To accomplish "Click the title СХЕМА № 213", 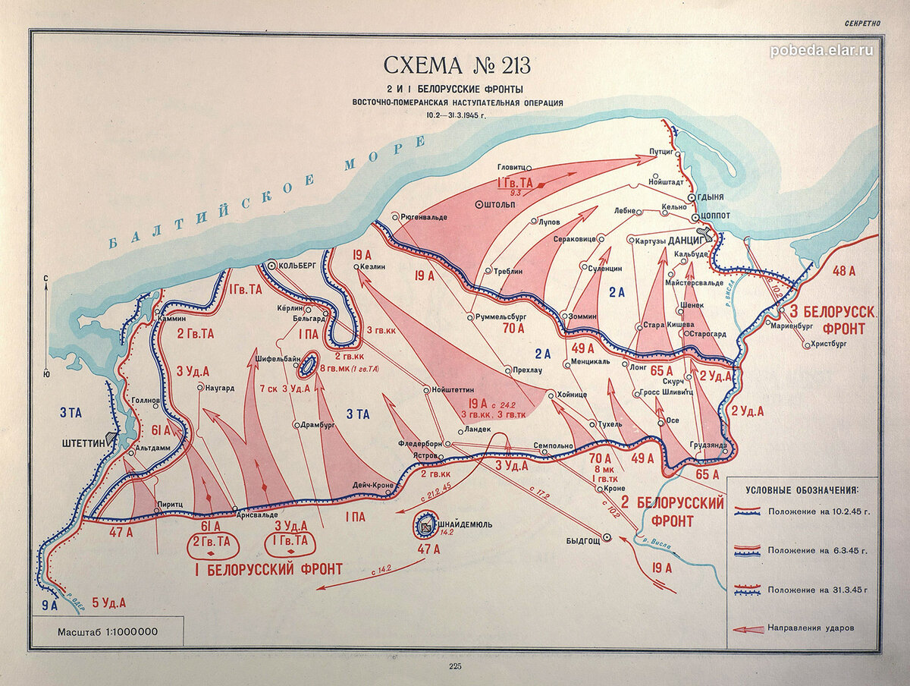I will point(454,64).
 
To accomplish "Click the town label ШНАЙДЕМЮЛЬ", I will point(466,524).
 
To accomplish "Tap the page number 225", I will point(455,666).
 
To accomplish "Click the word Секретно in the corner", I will point(863,23).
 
